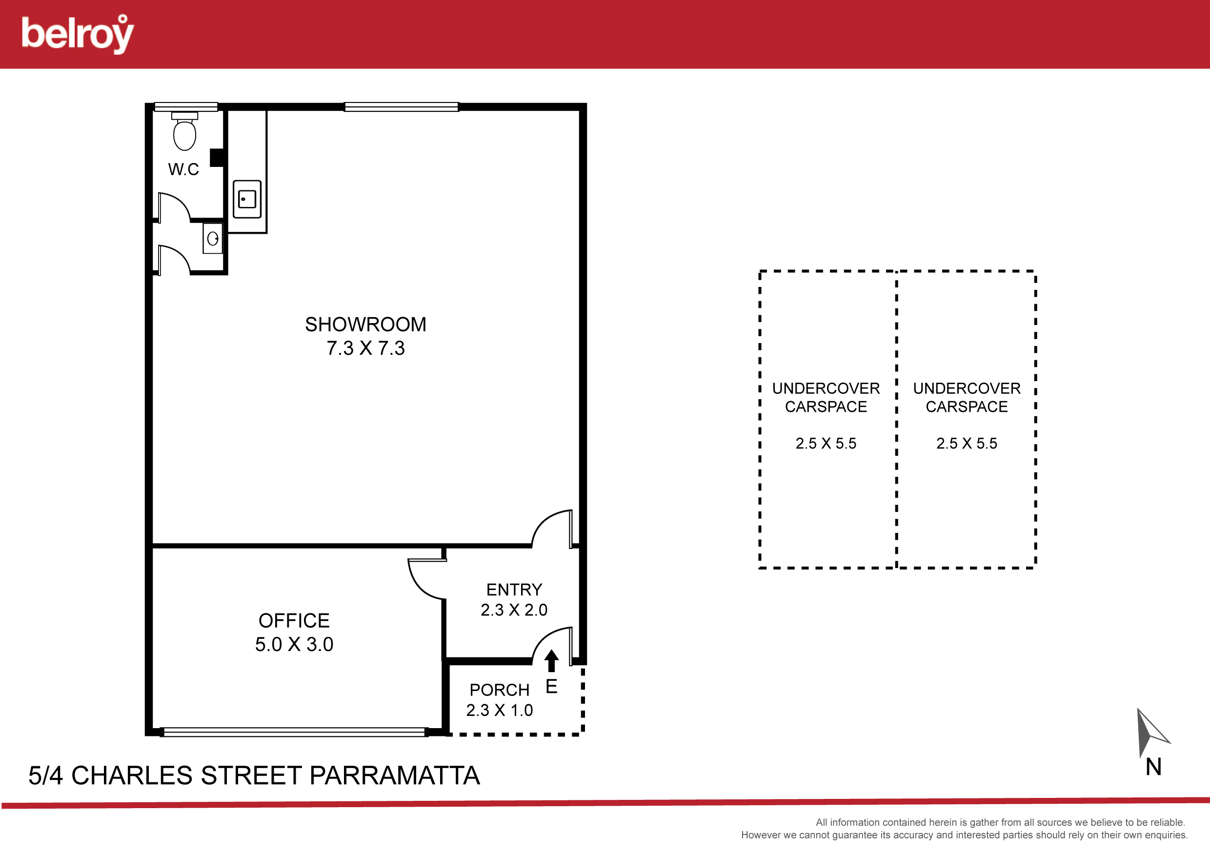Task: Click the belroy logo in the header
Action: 78,34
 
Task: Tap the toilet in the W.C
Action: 184,131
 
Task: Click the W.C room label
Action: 183,169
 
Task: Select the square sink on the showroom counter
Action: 247,199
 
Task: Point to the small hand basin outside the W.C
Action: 213,239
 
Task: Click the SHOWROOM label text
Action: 366,325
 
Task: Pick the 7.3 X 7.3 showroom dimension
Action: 366,348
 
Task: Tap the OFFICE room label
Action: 294,621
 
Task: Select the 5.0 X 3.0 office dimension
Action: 294,645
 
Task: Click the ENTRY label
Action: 514,590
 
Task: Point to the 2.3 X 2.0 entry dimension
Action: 514,610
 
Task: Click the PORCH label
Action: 500,690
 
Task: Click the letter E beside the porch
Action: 551,687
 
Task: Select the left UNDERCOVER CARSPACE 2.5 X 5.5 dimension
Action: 826,444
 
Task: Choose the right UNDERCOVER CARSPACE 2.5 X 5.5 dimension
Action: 967,444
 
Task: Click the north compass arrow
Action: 1151,733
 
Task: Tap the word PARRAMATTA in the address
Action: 395,776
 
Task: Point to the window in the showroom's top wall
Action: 402,107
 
